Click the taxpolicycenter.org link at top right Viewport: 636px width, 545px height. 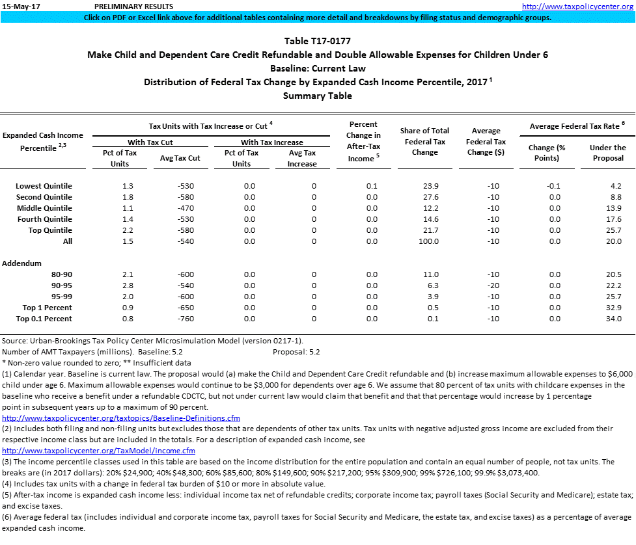pos(578,7)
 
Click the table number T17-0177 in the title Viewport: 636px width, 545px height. pos(317,41)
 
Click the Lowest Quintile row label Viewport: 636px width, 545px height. pos(44,186)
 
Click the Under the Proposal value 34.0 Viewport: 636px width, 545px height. pos(613,319)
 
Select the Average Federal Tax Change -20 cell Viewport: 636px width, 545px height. pos(493,286)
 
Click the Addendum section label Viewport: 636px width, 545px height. pos(21,263)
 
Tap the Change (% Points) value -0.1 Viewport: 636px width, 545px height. pos(553,186)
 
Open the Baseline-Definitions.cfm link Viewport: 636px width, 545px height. pos(121,418)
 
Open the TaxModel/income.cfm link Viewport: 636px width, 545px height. pos(98,451)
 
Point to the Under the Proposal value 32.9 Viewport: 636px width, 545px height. pos(613,308)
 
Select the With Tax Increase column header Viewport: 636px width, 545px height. pos(271,142)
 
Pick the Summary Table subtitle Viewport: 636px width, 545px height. pos(317,96)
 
